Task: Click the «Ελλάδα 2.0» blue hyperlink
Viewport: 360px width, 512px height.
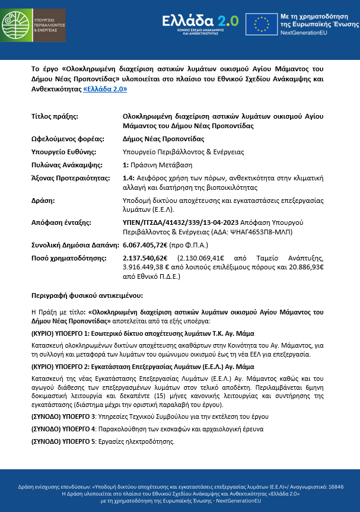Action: tap(105, 88)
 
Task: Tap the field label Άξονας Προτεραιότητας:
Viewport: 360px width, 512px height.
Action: tap(71, 178)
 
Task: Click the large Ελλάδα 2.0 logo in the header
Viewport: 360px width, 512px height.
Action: tap(200, 22)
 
